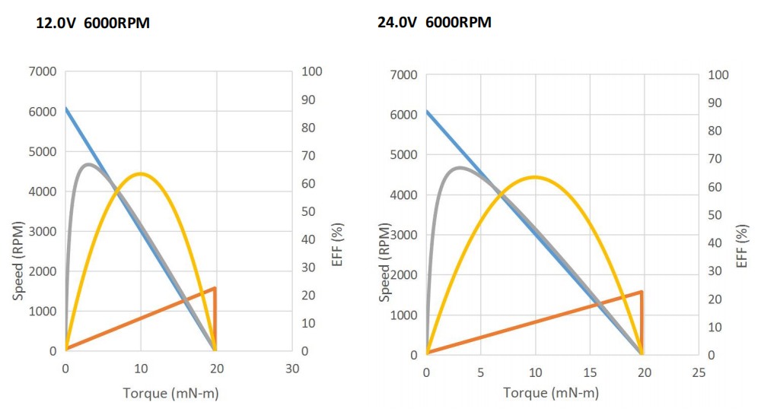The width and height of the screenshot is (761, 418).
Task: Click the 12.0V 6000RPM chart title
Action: coord(93,23)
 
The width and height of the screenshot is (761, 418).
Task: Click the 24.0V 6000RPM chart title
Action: coord(435,22)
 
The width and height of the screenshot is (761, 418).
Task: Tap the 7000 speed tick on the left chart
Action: coord(43,71)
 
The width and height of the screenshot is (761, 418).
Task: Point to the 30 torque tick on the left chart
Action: coord(292,369)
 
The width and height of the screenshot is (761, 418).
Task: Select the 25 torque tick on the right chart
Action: coord(699,372)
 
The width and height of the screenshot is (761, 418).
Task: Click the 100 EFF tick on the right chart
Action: coord(718,74)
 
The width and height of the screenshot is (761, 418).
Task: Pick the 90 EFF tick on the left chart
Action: coord(313,100)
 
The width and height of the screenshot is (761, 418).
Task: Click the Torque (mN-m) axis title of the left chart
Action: coord(170,393)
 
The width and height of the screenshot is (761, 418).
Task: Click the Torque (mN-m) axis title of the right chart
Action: coord(551,393)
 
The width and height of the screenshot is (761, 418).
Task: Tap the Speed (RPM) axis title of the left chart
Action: coord(18,260)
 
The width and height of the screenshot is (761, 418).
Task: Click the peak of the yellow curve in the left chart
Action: coord(140,174)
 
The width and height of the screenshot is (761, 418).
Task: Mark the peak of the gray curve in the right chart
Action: coord(459,168)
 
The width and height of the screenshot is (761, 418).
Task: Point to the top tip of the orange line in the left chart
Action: coord(215,288)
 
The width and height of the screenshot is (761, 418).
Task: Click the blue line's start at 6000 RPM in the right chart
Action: coord(427,111)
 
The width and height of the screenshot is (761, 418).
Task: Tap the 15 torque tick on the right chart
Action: coord(589,372)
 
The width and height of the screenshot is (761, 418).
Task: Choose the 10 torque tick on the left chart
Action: coord(141,369)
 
